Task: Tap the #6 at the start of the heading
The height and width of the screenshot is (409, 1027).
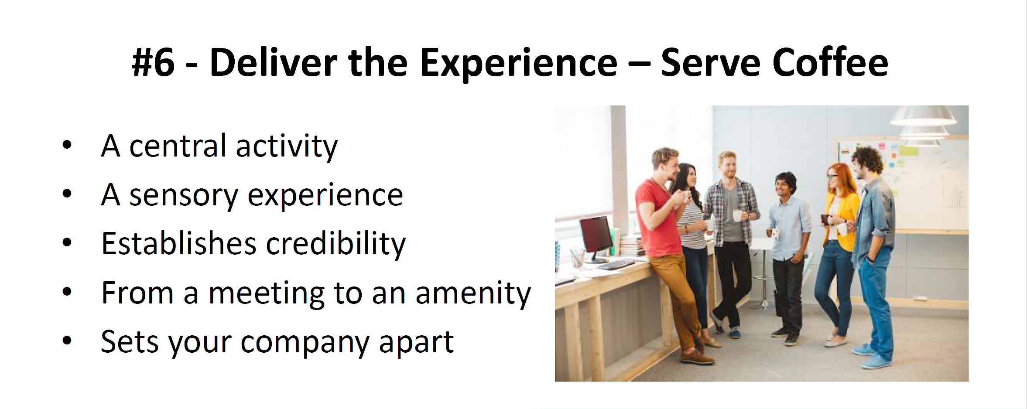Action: coord(153,63)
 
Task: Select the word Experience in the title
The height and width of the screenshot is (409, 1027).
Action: coord(518,65)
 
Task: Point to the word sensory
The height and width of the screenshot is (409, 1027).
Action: coord(184,196)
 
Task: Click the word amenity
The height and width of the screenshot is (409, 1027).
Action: coord(473,293)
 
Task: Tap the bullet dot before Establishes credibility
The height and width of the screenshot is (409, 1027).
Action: coord(67,242)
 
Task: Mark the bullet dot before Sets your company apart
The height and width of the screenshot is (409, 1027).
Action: coord(67,340)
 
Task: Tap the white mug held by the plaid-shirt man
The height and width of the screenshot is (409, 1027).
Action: coord(737,215)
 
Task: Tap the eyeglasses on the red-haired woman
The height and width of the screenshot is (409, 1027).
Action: coord(833,176)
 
